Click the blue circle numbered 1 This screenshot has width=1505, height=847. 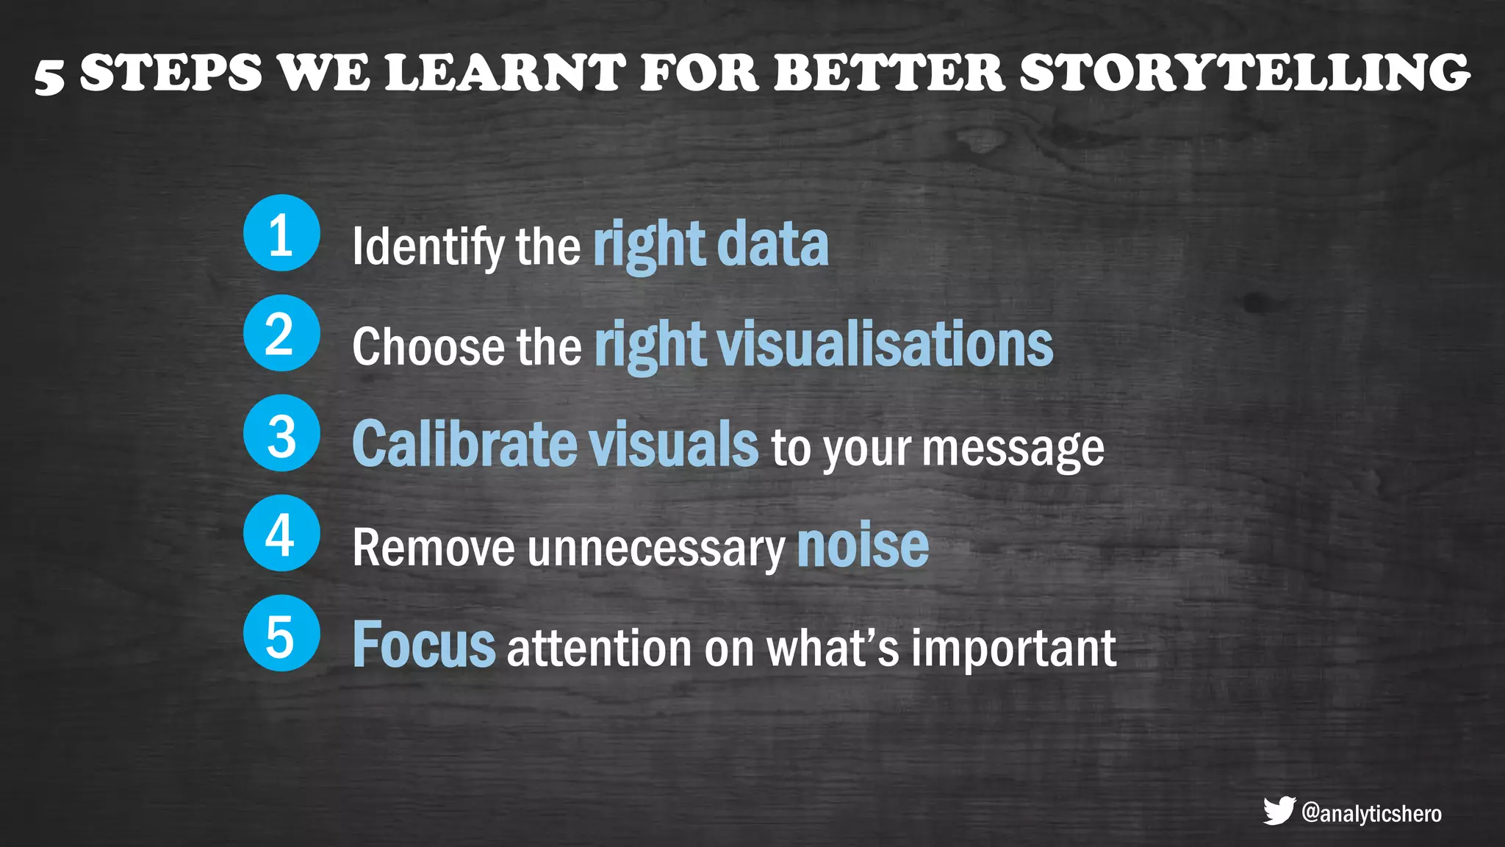click(281, 233)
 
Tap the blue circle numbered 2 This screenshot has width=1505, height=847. click(281, 333)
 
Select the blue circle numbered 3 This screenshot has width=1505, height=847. click(281, 433)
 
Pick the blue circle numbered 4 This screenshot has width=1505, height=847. click(281, 533)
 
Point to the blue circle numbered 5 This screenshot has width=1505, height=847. click(281, 633)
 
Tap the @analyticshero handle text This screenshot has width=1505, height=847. click(1371, 813)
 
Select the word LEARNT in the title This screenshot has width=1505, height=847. click(505, 73)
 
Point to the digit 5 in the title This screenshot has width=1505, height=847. click(49, 76)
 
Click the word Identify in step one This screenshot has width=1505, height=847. click(428, 246)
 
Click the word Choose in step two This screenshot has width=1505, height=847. click(428, 346)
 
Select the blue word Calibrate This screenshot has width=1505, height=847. click(464, 444)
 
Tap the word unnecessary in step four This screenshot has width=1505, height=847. click(655, 548)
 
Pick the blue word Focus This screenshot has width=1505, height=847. click(424, 644)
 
